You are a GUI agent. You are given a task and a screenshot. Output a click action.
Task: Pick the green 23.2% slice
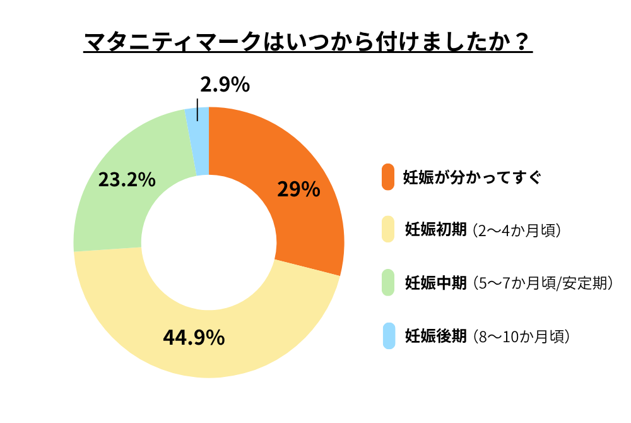pos(114,202)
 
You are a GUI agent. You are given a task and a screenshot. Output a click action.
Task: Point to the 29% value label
pos(298,189)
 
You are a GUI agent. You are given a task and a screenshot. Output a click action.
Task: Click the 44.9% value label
pos(194,337)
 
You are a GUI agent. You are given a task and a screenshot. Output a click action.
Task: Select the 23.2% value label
pos(127,180)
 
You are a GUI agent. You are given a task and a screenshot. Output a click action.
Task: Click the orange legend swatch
pos(388,177)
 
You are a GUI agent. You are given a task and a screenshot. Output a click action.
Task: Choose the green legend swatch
pos(388,283)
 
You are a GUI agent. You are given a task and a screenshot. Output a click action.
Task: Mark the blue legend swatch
pos(388,336)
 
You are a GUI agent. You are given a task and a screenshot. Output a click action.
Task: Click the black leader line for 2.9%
pos(198,109)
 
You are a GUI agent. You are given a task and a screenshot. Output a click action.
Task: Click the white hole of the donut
pos(209,242)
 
